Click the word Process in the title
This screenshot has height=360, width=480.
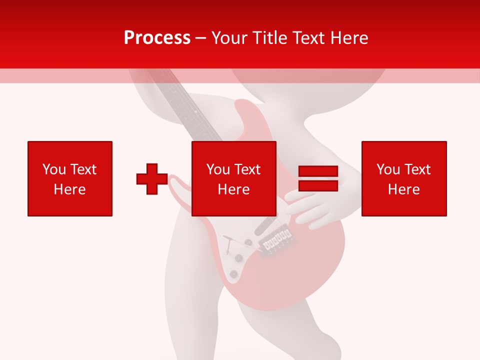click(x=157, y=38)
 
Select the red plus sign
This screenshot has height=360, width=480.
click(x=152, y=178)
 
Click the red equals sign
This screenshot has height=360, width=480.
click(x=318, y=178)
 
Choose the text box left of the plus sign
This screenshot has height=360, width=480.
click(x=70, y=178)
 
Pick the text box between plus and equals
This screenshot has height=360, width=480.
click(x=234, y=178)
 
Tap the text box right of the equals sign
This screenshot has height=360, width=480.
click(x=404, y=178)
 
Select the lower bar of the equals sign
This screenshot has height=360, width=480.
click(x=318, y=185)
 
